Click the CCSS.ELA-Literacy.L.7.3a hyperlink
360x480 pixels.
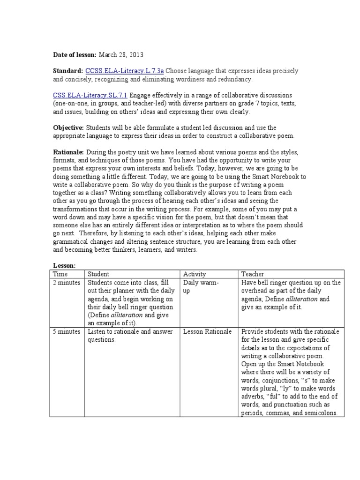[x=124, y=71]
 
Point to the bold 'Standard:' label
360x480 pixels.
[x=68, y=71]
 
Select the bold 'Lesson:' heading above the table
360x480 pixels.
[x=64, y=265]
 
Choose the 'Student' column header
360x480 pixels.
[x=98, y=274]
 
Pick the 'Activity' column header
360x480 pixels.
[x=195, y=274]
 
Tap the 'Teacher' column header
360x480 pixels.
[x=253, y=274]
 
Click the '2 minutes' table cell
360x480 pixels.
[x=67, y=283]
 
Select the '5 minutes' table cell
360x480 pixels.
[x=67, y=331]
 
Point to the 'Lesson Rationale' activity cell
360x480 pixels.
[x=207, y=331]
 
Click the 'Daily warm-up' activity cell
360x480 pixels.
[x=202, y=287]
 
